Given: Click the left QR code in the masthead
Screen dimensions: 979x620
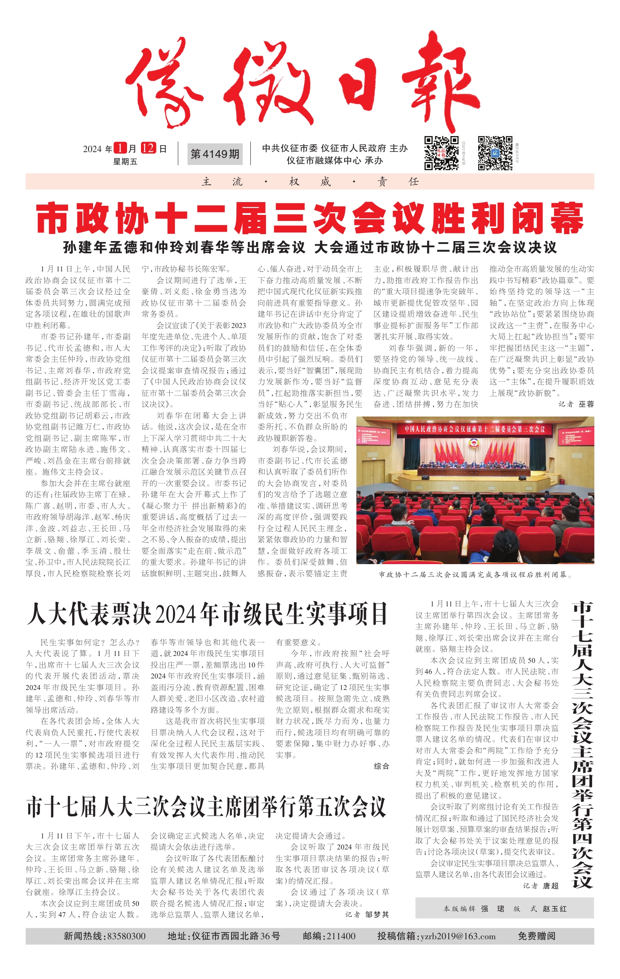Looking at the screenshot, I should [x=441, y=153].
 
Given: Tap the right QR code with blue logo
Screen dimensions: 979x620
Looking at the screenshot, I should [x=495, y=153].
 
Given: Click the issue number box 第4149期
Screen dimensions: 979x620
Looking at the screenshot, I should [x=215, y=154].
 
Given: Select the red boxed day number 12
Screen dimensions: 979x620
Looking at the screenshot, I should [x=148, y=148].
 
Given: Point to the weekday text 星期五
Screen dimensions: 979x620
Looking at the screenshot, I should [x=125, y=162].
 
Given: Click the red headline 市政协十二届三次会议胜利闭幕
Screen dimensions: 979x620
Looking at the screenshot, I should [x=309, y=218].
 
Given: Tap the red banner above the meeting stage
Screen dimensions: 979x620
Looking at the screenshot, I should [x=475, y=429].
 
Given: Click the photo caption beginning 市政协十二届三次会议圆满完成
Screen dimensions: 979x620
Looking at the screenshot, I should [x=475, y=574].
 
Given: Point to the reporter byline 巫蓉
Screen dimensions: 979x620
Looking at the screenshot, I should [x=586, y=404].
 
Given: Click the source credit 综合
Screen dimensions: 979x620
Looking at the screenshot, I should [x=381, y=766].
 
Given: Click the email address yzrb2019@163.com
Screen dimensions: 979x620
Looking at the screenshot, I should [x=458, y=936].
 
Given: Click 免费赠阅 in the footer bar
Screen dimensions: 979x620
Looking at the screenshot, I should [x=536, y=936].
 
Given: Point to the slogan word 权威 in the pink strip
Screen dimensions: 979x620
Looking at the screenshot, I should [x=310, y=182].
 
